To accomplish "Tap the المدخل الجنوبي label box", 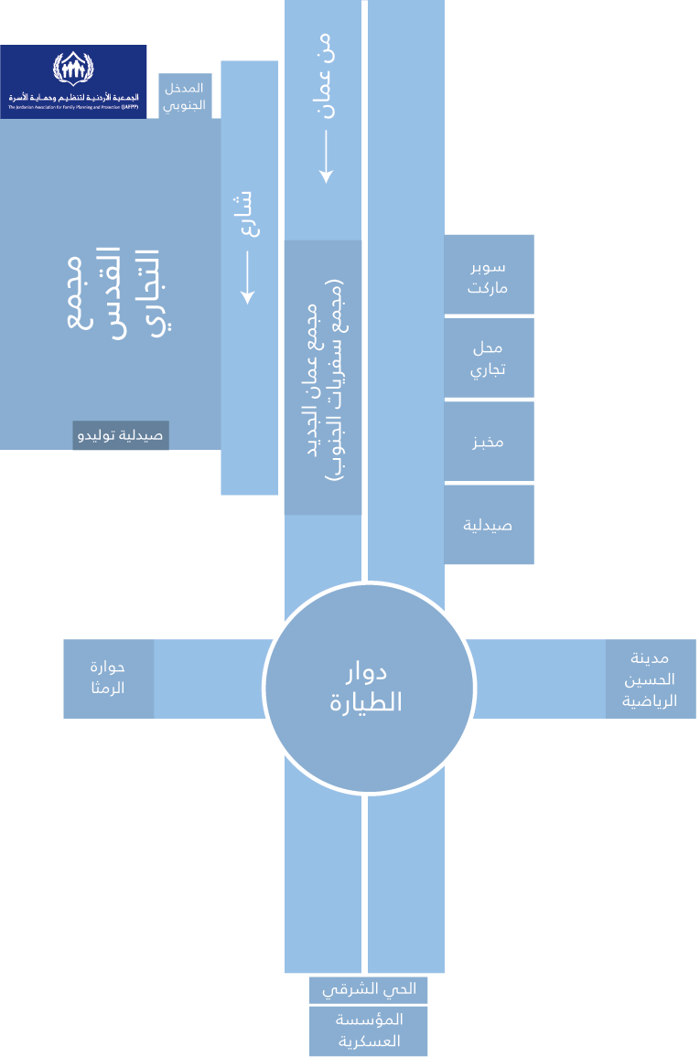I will (x=185, y=95).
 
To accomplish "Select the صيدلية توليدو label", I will (x=121, y=435).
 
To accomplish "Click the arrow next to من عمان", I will (x=325, y=155).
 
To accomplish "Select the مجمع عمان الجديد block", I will (x=322, y=377).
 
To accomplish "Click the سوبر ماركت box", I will (x=489, y=275).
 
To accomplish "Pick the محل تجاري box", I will (x=489, y=358).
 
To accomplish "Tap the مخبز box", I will (x=489, y=442).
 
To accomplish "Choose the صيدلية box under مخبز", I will (x=489, y=525).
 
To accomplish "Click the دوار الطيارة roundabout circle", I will (x=369, y=688).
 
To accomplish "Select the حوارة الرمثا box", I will (x=108, y=678).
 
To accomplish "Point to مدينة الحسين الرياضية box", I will (x=651, y=678).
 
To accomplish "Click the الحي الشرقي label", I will (x=368, y=988).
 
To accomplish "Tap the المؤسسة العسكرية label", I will (x=368, y=1030).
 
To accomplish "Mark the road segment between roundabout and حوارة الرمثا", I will (x=209, y=678).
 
